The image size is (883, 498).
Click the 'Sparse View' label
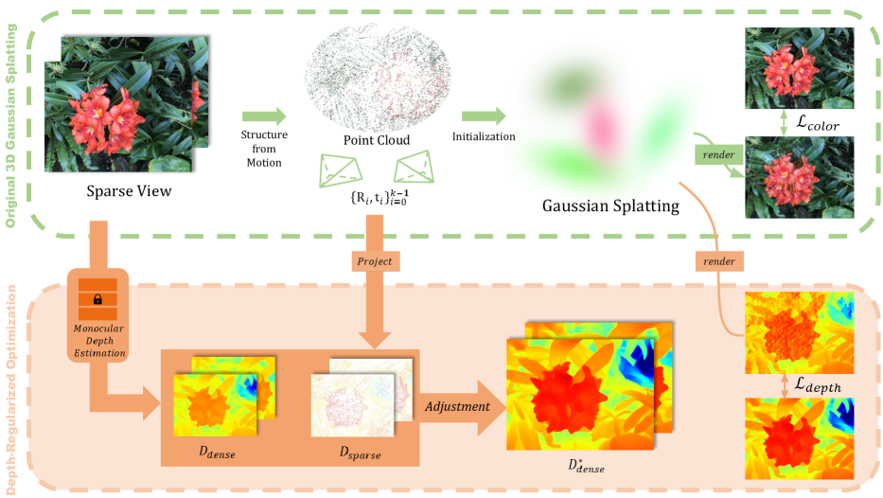coord(129,192)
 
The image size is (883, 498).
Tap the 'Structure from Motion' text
coord(265,149)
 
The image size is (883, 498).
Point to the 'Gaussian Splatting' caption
coord(610,205)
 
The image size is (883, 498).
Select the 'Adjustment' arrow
coord(457,407)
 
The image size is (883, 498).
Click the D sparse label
coord(360,454)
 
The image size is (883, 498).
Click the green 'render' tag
coord(712,153)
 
